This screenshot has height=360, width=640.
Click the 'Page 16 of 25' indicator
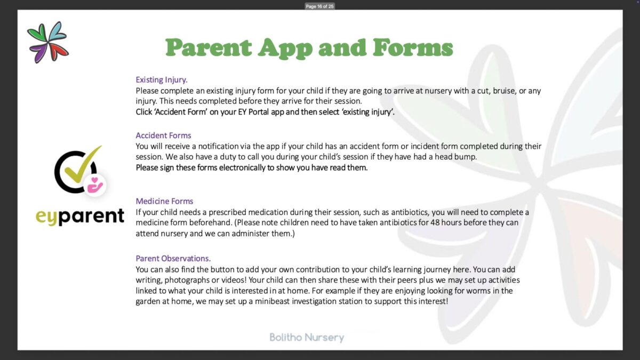pyautogui.click(x=319, y=6)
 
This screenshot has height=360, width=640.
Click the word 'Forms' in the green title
pyautogui.click(x=413, y=48)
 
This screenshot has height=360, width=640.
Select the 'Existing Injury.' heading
pyautogui.click(x=162, y=80)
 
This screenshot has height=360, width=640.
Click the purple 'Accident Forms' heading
pyautogui.click(x=163, y=135)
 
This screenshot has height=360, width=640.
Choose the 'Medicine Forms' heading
pyautogui.click(x=164, y=201)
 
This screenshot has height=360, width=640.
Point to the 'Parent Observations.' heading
pyautogui.click(x=173, y=259)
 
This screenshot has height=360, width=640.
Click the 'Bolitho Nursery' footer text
pyautogui.click(x=307, y=337)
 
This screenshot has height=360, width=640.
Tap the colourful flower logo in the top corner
pyautogui.click(x=48, y=42)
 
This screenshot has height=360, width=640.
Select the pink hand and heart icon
pyautogui.click(x=95, y=185)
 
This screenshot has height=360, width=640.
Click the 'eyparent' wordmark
pyautogui.click(x=80, y=217)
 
